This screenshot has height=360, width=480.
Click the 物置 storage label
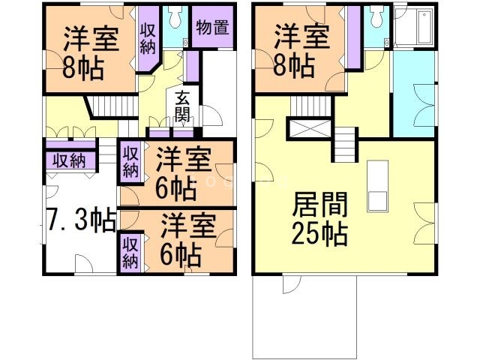pyautogui.click(x=211, y=27)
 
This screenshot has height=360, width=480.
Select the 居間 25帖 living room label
pyautogui.click(x=319, y=218)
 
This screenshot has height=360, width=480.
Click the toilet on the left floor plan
pyautogui.click(x=175, y=16)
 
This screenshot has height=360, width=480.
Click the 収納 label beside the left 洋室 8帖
pyautogui.click(x=147, y=37)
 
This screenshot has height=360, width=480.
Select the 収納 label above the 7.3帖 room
pyautogui.click(x=68, y=160)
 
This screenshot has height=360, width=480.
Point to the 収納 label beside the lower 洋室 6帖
pyautogui.click(x=130, y=252)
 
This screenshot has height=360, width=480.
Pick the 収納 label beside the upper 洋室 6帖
pyautogui.click(x=130, y=160)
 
